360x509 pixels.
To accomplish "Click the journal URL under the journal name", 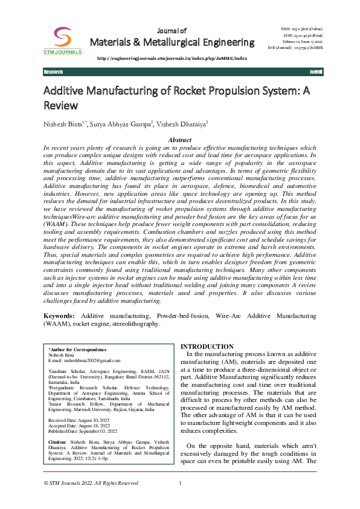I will coord(172,58).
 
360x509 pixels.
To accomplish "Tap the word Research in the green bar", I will coord(53,72).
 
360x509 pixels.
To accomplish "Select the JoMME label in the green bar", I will coord(315,72).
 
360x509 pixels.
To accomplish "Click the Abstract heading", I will coord(179,140).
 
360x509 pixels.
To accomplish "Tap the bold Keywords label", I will coord(59,316).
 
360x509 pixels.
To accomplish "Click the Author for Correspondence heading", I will coord(77,349).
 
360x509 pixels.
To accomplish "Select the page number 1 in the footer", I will coord(180,483).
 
